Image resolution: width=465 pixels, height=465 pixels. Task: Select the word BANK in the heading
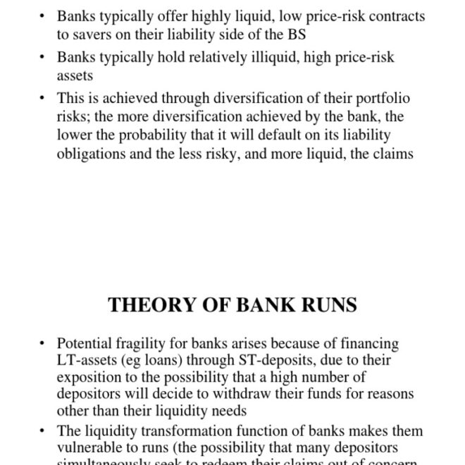261,305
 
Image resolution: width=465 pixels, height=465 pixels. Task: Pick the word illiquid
273,58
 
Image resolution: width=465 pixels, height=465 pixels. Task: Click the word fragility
136,344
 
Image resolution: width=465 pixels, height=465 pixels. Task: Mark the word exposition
87,378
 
